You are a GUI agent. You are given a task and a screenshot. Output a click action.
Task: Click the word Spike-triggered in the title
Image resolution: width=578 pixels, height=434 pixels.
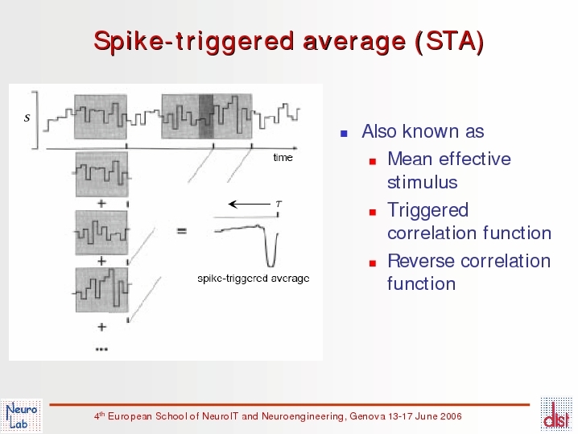point(194,42)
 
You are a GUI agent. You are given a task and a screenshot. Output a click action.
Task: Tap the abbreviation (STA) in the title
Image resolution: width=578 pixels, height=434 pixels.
point(449,40)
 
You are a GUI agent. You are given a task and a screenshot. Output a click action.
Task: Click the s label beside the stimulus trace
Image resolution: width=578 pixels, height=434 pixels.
point(27,118)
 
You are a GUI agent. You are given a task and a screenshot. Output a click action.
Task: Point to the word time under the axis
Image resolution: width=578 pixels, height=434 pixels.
point(283,158)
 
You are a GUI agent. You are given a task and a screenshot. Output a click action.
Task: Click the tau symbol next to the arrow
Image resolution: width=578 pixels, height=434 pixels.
point(279,204)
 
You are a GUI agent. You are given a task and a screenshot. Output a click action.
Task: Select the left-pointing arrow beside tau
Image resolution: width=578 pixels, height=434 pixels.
point(250,204)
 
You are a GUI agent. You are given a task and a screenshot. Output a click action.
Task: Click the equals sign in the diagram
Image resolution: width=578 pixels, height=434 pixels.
point(182,231)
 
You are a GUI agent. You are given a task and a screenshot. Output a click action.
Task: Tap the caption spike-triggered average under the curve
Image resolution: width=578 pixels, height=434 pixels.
point(254,279)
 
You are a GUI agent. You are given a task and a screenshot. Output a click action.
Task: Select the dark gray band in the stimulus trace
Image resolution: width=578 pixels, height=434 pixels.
point(206,117)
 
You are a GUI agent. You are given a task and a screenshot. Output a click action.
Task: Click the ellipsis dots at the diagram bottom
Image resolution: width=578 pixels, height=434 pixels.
point(101,349)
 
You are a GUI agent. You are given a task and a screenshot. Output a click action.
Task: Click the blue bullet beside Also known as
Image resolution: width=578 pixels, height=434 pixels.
point(344,134)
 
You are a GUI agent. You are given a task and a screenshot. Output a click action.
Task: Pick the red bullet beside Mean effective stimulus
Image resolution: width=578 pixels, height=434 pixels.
point(373,161)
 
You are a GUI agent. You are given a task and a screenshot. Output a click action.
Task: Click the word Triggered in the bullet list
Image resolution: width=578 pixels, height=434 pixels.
point(428,211)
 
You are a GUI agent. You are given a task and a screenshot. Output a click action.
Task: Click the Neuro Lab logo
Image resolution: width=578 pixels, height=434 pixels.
point(22,416)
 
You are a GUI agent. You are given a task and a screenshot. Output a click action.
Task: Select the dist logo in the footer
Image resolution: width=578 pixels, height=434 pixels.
point(556,414)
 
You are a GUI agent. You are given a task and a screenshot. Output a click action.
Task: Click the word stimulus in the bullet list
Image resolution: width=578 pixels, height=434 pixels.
point(423,182)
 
